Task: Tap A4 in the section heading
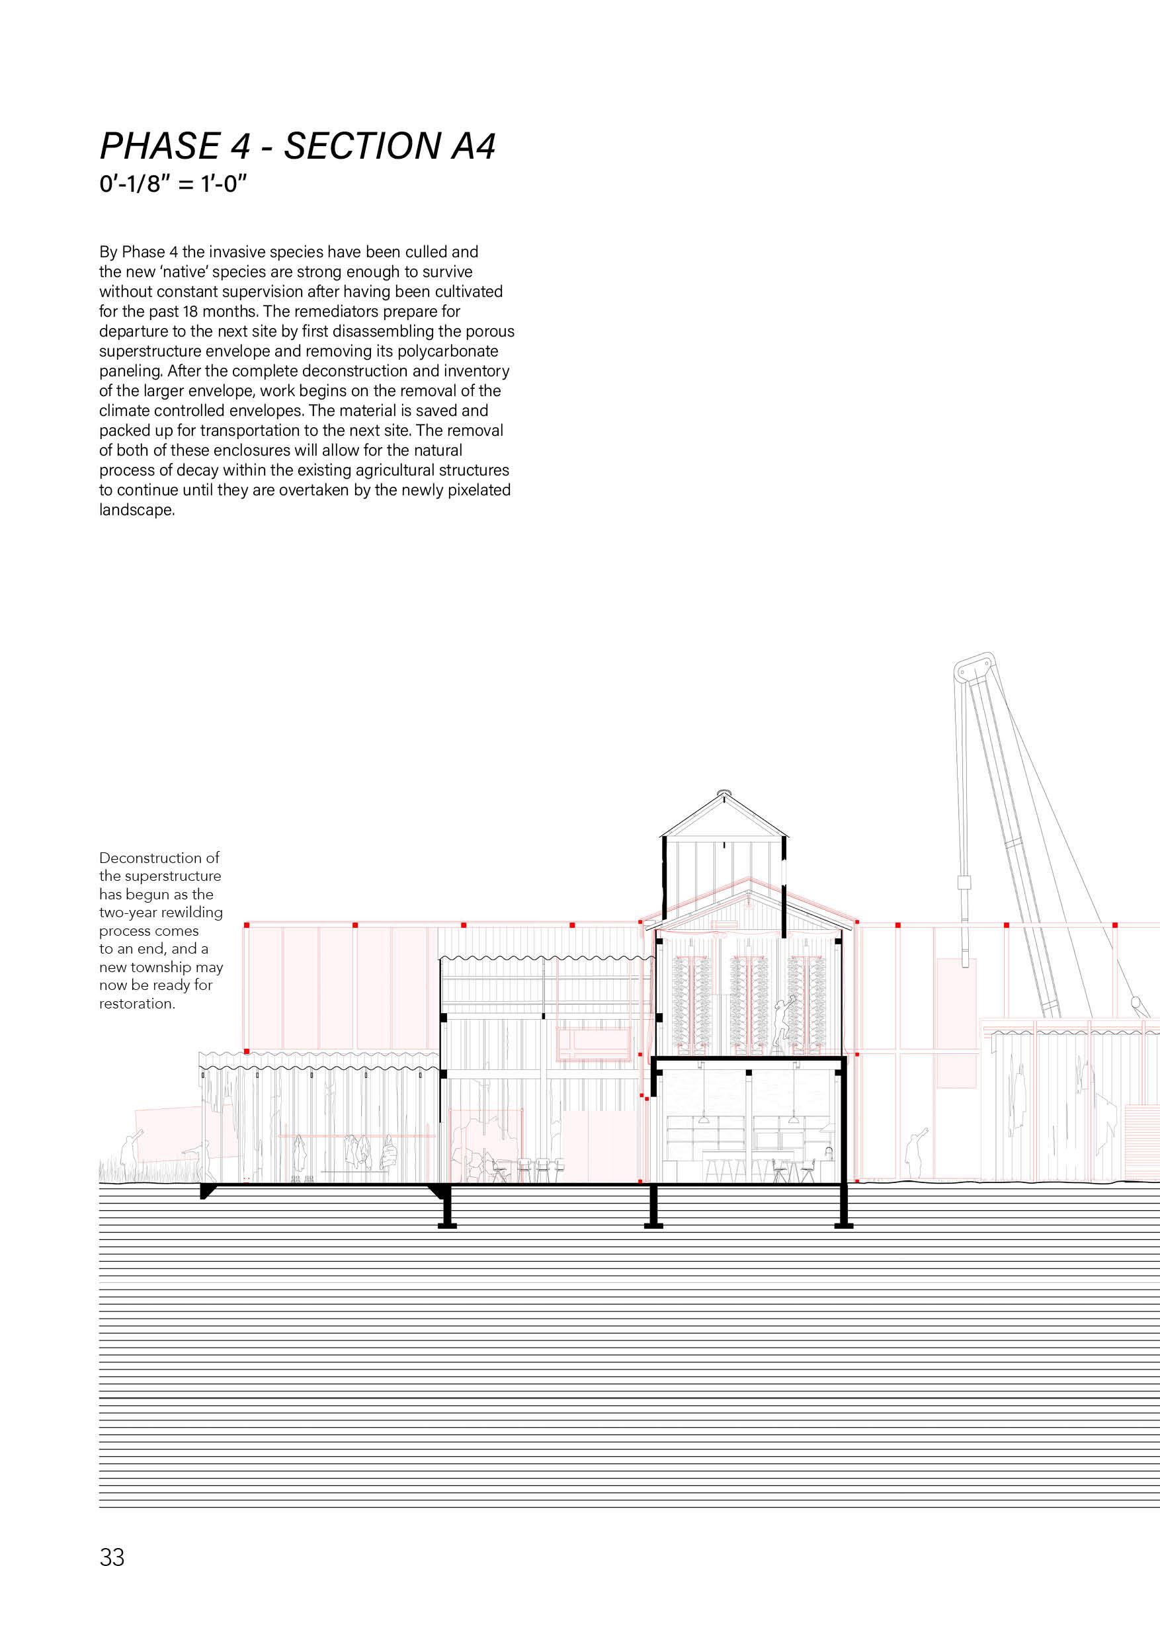point(472,146)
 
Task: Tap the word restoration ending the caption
point(137,1004)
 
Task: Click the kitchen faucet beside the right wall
point(829,1151)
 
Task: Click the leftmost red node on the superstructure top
point(247,925)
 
